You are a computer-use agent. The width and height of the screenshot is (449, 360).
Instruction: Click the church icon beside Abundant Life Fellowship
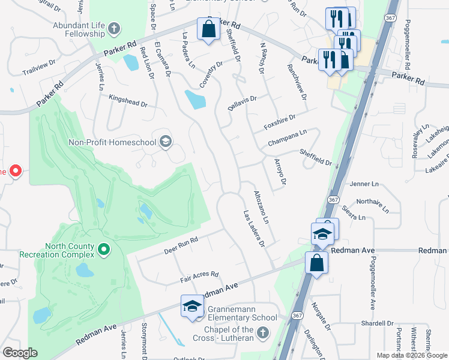click(113, 28)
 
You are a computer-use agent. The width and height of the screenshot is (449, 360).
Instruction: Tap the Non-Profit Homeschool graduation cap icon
click(166, 142)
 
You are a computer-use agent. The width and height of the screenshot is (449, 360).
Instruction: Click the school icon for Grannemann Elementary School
click(192, 306)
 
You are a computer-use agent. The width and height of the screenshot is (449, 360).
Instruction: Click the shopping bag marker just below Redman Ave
click(316, 263)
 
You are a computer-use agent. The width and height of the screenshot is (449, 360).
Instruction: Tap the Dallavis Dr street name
click(242, 103)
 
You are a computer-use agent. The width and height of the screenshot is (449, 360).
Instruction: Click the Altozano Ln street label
click(261, 208)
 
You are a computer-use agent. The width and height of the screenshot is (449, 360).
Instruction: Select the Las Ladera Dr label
click(254, 228)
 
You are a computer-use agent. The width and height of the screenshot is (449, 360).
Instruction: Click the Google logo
click(20, 353)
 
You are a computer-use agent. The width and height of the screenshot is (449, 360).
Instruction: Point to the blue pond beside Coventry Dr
click(195, 100)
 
